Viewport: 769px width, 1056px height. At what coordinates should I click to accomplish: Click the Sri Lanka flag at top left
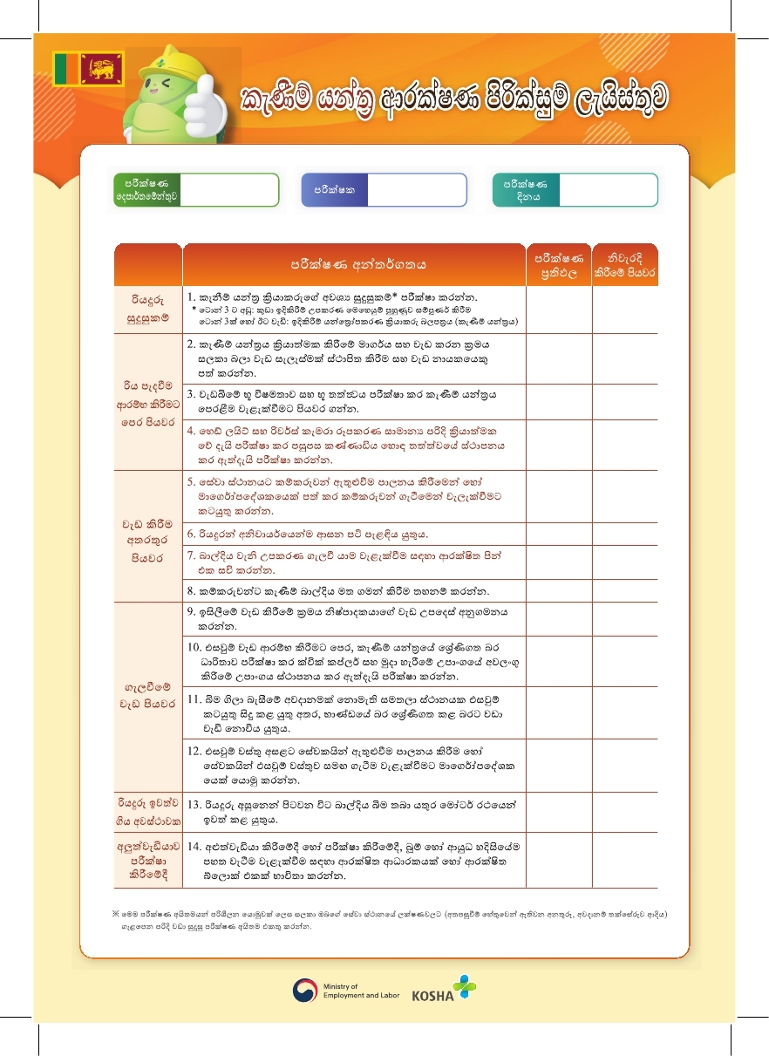pos(89,68)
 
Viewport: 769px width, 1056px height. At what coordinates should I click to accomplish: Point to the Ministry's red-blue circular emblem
pos(305,991)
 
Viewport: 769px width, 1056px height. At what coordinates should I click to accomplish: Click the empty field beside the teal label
pos(606,189)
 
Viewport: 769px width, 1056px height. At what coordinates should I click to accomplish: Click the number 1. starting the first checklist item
pos(191,297)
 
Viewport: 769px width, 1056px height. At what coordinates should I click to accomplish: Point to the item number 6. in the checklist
pos(191,534)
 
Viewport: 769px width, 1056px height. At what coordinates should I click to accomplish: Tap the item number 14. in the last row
pos(194,846)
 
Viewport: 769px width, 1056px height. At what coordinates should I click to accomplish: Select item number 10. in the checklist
pos(194,646)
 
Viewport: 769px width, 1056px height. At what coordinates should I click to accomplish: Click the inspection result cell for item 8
pos(559,590)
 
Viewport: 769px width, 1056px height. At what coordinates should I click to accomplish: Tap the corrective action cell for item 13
pos(624,812)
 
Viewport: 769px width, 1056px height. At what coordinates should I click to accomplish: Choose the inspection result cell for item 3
pos(559,401)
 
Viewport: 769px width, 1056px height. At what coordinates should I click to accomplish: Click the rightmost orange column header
pos(624,265)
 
